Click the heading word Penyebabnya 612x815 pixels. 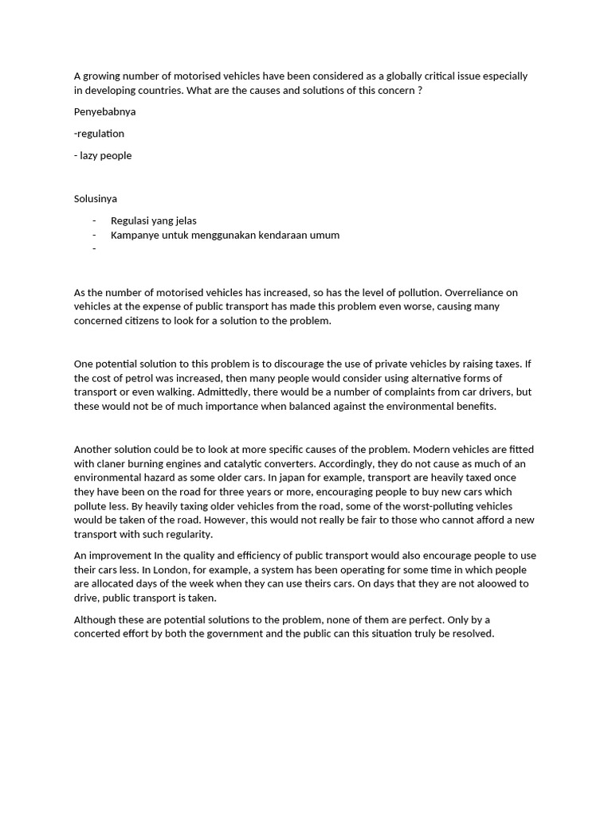point(104,112)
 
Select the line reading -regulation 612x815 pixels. point(99,134)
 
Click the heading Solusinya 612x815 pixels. point(96,198)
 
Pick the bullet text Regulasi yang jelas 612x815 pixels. point(154,220)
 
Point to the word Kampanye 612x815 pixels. point(135,235)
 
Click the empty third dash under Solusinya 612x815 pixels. point(94,249)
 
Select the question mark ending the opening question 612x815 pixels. point(420,91)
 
